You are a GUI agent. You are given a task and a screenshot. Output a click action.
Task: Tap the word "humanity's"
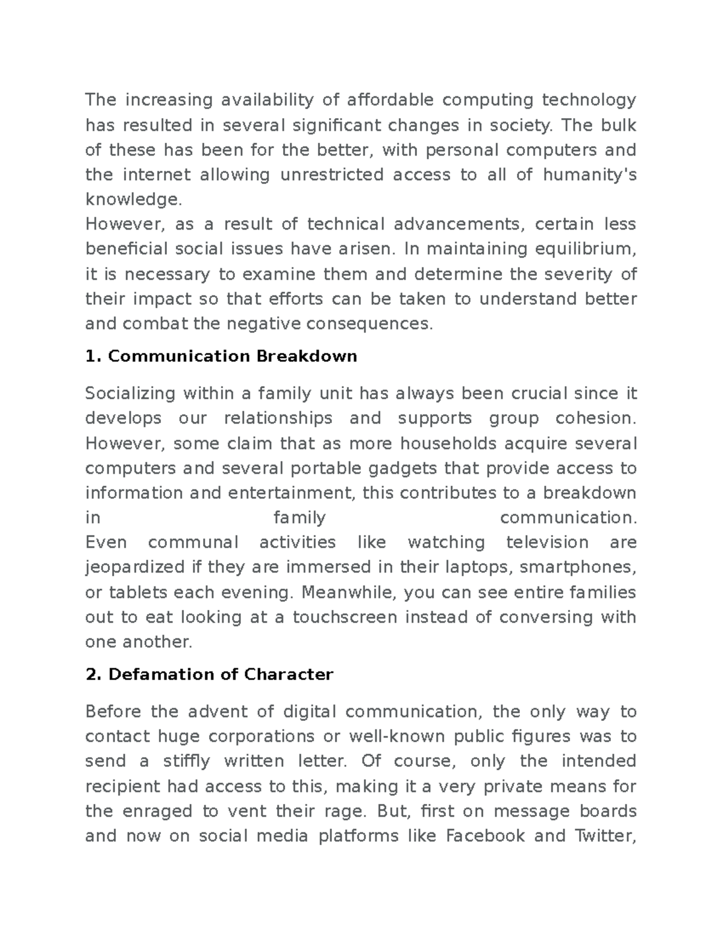point(589,175)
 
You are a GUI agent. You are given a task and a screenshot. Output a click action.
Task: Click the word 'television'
point(547,542)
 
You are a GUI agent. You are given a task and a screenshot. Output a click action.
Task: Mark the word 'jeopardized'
point(135,568)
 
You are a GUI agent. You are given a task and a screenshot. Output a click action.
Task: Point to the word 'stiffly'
point(187,761)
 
